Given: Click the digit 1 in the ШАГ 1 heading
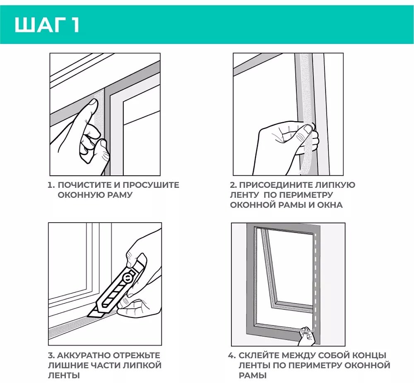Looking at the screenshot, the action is (x=75, y=25).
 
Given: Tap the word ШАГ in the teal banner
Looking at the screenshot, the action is (x=41, y=25).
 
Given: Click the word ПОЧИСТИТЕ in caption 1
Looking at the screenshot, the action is (x=84, y=185).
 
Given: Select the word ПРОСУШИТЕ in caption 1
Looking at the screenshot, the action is (x=151, y=185).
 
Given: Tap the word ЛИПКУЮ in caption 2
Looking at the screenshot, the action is (x=333, y=185).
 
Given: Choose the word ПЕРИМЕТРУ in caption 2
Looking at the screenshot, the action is (x=306, y=195).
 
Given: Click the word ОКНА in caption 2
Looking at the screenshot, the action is (x=330, y=205).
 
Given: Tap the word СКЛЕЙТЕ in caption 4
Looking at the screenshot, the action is (x=259, y=355).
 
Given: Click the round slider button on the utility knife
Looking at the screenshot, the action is (x=128, y=277).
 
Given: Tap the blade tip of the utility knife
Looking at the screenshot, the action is (x=89, y=316).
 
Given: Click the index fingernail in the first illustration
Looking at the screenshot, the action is (x=93, y=103).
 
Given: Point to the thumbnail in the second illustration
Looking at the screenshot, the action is (x=308, y=129).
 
